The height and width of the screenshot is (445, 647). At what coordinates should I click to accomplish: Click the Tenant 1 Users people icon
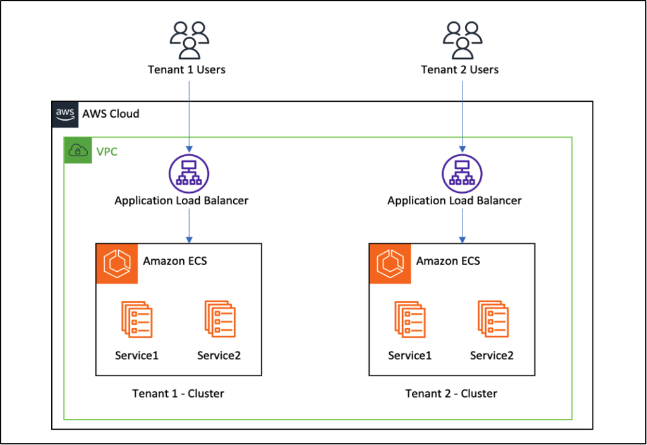pyautogui.click(x=189, y=40)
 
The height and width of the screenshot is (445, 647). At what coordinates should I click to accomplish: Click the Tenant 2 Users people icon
pyautogui.click(x=462, y=40)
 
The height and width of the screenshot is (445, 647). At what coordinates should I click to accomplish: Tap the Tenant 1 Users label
pyautogui.click(x=186, y=70)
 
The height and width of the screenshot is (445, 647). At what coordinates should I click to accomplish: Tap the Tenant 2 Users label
pyautogui.click(x=460, y=70)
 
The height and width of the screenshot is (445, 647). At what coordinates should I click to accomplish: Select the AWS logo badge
pyautogui.click(x=65, y=114)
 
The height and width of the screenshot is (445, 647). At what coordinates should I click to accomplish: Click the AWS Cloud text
pyautogui.click(x=111, y=114)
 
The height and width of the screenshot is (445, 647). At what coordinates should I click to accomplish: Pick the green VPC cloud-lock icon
pyautogui.click(x=78, y=151)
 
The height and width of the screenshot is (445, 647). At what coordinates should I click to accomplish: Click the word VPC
pyautogui.click(x=107, y=152)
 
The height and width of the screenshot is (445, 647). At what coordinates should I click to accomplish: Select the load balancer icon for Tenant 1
pyautogui.click(x=189, y=174)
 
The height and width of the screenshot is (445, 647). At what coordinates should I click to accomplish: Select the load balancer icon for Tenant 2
pyautogui.click(x=462, y=174)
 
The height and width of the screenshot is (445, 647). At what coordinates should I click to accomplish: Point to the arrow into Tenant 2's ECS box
pyautogui.click(x=462, y=226)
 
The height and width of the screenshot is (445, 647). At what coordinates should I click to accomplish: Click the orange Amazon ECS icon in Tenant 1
pyautogui.click(x=116, y=264)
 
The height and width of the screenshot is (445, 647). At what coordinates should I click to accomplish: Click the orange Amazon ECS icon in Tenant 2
pyautogui.click(x=389, y=264)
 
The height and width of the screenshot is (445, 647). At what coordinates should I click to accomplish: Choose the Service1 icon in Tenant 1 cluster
pyautogui.click(x=136, y=320)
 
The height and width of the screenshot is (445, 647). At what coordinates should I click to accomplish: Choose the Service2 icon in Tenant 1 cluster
pyautogui.click(x=219, y=320)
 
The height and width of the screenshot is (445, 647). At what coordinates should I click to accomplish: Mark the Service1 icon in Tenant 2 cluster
pyautogui.click(x=409, y=320)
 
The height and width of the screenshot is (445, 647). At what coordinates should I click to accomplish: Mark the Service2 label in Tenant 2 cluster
pyautogui.click(x=492, y=355)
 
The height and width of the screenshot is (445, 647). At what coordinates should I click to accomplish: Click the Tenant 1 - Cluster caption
pyautogui.click(x=178, y=394)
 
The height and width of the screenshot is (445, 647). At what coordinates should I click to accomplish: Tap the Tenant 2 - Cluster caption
pyautogui.click(x=451, y=394)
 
